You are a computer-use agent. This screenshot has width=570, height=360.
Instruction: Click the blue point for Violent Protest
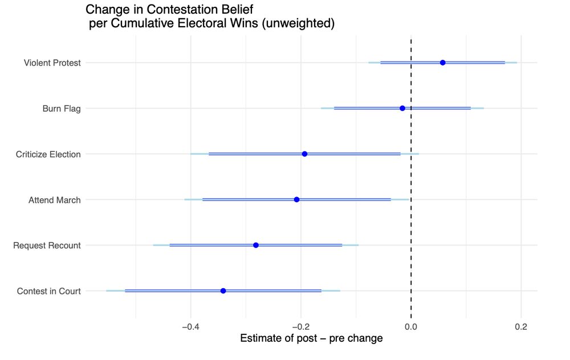pos(443,62)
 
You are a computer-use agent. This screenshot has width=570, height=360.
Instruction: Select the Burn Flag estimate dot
pos(402,108)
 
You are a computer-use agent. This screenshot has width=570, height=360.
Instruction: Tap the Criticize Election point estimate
pos(304,154)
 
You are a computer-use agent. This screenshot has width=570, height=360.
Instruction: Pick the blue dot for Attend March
pos(296,199)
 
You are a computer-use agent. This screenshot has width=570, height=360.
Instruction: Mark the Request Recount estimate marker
pos(256,245)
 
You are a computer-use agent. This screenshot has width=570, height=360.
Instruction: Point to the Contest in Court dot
pos(223,291)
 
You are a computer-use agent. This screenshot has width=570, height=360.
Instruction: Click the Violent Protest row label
pos(52,63)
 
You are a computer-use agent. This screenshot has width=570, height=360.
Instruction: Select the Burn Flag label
pos(61,108)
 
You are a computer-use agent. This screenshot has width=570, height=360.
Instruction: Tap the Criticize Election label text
pos(48,154)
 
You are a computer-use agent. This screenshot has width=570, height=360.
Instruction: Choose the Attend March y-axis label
pos(54,200)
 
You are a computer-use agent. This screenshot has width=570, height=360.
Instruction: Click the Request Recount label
pos(47,246)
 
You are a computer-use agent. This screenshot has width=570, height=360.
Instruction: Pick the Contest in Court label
pos(48,291)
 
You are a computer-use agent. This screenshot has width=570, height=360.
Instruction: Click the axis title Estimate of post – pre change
pos(311,338)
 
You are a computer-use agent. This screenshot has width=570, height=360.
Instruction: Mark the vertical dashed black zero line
pos(411,171)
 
